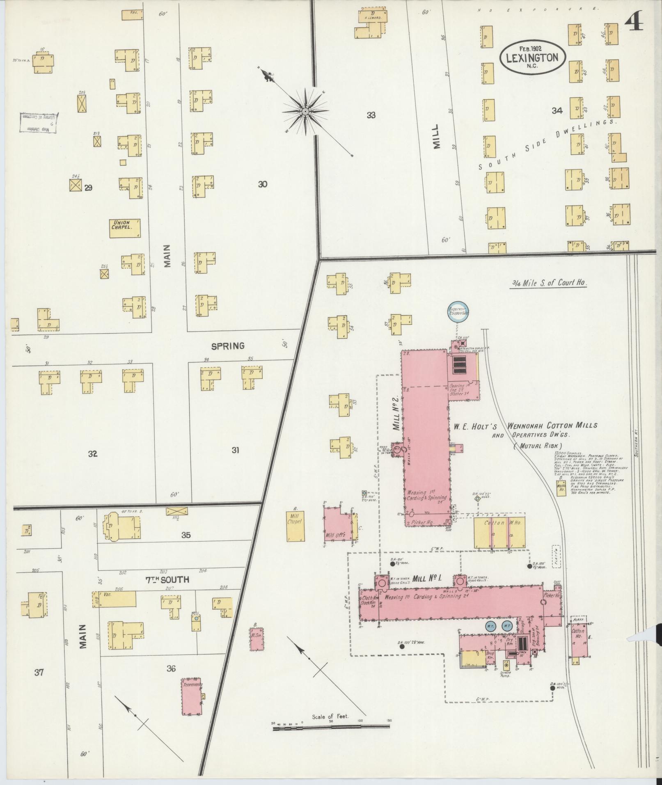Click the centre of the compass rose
(x=305, y=111)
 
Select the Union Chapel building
(x=125, y=228)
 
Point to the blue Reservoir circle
(x=458, y=313)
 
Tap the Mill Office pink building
(x=338, y=526)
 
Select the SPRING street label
(x=228, y=346)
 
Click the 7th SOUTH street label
(x=167, y=580)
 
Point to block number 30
(x=263, y=184)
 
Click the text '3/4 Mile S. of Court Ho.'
(x=548, y=283)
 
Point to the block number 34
(x=557, y=110)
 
